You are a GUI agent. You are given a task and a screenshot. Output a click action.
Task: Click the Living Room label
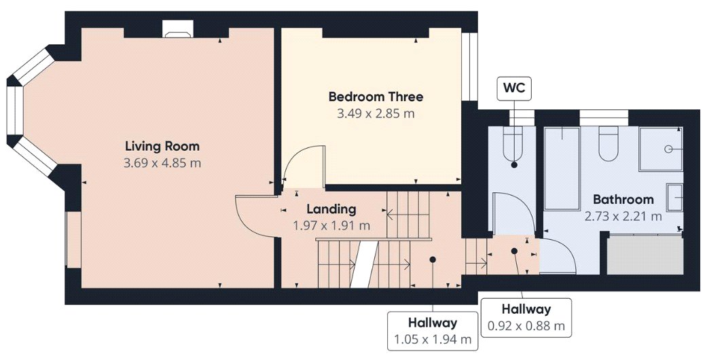[x=162, y=146]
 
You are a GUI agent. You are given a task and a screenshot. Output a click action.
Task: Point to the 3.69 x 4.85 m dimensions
[x=162, y=163]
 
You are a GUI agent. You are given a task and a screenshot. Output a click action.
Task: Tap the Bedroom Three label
[x=376, y=96]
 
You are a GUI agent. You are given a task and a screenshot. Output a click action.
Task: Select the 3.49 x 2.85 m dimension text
[x=376, y=113]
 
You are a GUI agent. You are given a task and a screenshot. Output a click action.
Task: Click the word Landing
[x=331, y=209]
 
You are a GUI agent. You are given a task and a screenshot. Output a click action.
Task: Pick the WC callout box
[x=514, y=88]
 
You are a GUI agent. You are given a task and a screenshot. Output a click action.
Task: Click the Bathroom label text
[x=623, y=199]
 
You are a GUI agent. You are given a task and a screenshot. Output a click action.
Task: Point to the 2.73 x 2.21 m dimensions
[x=623, y=217]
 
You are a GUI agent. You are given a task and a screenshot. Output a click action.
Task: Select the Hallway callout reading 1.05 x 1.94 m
[x=433, y=331]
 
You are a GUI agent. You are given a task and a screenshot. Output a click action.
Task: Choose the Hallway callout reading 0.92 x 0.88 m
[x=526, y=317]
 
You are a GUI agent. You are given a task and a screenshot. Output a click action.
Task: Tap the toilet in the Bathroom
[x=608, y=141]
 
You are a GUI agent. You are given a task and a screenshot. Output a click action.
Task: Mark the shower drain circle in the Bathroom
[x=668, y=149]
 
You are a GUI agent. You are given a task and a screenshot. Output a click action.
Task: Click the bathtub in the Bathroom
[x=561, y=168]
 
